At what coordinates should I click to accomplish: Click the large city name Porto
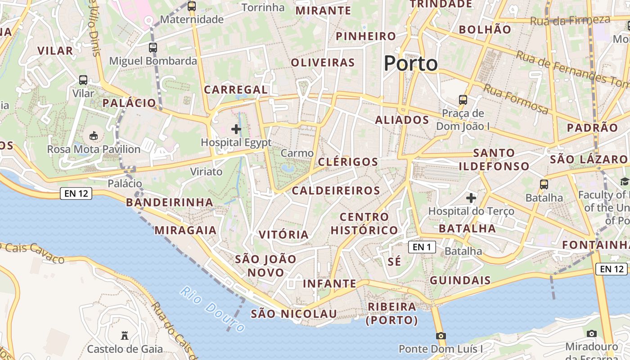tap(411, 63)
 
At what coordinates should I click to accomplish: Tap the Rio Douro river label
tap(212, 309)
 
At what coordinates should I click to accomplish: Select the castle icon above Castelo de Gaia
tap(125, 335)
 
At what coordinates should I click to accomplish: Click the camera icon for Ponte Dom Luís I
tap(441, 336)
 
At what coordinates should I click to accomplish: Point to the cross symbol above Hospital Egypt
tap(236, 130)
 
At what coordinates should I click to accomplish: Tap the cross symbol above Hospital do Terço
tap(471, 198)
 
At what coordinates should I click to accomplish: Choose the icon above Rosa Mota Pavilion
tap(94, 135)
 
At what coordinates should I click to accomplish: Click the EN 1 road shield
tap(422, 247)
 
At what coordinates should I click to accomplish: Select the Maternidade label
tap(192, 19)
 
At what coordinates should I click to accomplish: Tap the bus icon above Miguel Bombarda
tap(153, 47)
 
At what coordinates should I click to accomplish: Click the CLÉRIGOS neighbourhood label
tap(348, 162)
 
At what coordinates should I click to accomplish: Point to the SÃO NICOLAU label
tap(293, 314)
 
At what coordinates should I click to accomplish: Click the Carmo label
tap(297, 153)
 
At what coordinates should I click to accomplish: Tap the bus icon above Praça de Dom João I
tap(463, 100)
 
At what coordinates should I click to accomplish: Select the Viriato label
tap(206, 171)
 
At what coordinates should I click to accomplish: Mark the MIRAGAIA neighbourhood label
tap(185, 230)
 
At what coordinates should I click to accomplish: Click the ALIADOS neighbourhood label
tap(402, 120)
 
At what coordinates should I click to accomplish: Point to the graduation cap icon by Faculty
tap(625, 181)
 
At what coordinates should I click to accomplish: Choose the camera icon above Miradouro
tap(592, 333)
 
